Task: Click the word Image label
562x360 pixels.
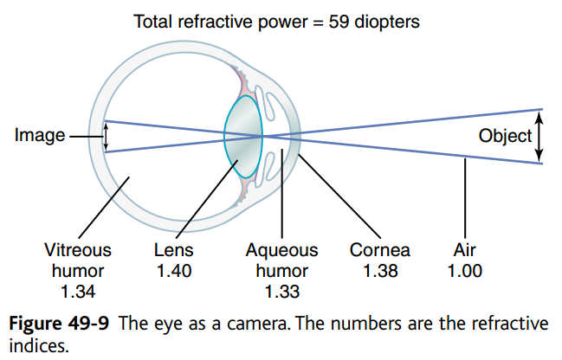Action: [40, 136]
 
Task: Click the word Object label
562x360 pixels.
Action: [505, 136]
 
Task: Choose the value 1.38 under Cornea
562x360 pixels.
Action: [379, 271]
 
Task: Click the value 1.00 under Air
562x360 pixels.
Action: [465, 271]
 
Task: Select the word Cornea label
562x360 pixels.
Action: [379, 251]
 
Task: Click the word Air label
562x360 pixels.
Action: [465, 251]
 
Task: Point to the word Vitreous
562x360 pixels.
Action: [78, 251]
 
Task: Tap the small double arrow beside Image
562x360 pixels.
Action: [107, 136]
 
